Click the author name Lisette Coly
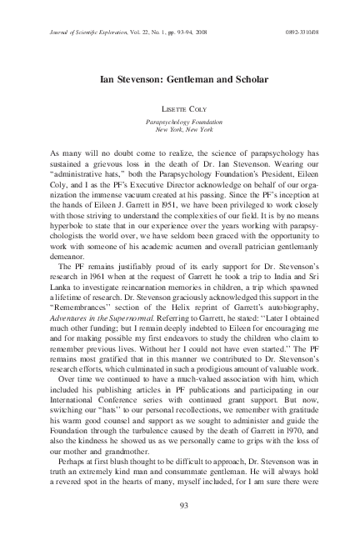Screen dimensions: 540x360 (180, 109)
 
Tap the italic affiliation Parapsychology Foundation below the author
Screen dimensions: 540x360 (180, 121)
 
